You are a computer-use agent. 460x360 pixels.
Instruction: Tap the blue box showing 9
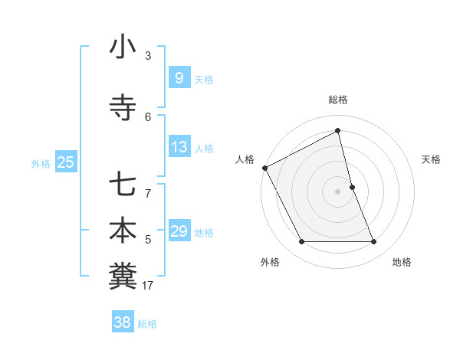179,78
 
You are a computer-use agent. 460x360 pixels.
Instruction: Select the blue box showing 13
179,147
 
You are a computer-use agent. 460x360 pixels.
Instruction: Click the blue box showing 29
179,231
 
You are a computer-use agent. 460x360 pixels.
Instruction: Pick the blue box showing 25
65,162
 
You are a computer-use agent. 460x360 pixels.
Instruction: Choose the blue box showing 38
122,322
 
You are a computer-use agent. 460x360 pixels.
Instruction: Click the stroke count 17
148,286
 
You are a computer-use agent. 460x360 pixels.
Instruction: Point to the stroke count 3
148,55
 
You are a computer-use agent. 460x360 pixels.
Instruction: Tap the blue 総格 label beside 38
147,324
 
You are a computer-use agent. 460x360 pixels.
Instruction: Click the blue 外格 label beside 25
41,163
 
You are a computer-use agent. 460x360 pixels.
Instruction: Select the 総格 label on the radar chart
338,100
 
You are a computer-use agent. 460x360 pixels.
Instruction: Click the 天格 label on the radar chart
432,159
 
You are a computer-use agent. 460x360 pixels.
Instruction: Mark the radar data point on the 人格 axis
264,168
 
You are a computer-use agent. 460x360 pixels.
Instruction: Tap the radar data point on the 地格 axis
374,242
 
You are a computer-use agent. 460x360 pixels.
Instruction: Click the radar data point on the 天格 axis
352,187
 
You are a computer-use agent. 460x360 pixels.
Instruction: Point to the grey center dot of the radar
338,191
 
